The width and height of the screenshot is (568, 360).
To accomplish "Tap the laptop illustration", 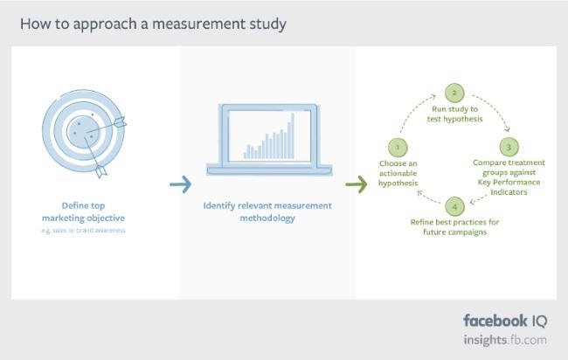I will click(x=267, y=140).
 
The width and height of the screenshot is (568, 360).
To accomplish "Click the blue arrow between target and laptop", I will click(x=180, y=184).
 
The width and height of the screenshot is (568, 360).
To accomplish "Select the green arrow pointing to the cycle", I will click(x=356, y=184).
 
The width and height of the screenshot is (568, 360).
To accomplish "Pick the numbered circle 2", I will click(x=453, y=92).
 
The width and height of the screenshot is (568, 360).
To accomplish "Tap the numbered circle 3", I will click(x=509, y=146).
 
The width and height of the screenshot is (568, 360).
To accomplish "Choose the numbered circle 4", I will click(x=454, y=207).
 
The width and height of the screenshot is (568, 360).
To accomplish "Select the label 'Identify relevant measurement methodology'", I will click(x=267, y=211).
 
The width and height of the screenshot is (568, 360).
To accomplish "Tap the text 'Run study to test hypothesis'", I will click(x=454, y=114).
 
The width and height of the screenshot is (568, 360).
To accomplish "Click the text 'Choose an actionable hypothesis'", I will click(x=398, y=174).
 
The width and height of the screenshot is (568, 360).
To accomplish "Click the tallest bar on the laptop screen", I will click(x=292, y=135).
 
